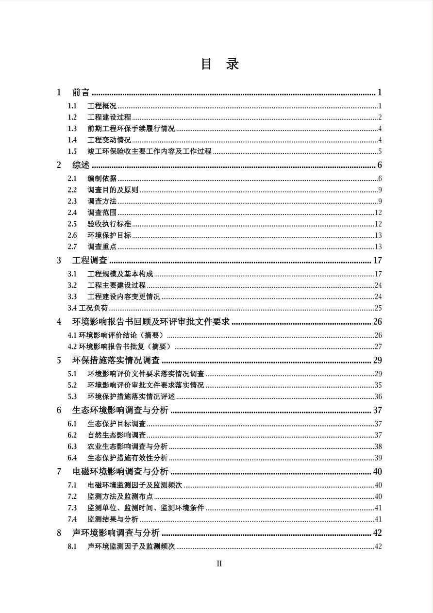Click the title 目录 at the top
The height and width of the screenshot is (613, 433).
tap(220, 64)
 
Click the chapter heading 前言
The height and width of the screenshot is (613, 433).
tap(81, 93)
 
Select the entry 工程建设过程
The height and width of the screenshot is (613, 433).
tap(109, 117)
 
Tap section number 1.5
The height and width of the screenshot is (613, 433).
tap(72, 151)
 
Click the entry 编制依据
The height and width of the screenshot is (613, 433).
tap(102, 179)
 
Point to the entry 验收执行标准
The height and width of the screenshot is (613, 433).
tap(109, 224)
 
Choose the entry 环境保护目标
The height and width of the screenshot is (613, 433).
tap(109, 235)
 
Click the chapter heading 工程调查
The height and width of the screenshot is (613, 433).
tap(90, 261)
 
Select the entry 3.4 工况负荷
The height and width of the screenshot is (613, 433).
tap(88, 308)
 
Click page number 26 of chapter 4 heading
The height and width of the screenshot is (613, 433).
tap(378, 322)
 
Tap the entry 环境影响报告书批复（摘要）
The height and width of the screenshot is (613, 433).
tap(125, 347)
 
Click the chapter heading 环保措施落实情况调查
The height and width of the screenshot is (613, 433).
tap(116, 361)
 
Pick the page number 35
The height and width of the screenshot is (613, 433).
tap(378, 385)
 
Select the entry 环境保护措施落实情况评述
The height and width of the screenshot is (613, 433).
tap(131, 397)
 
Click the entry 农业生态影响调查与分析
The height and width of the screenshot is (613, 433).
tap(127, 447)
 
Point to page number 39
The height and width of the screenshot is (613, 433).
tap(378, 458)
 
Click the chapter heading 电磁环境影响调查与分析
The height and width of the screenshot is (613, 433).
tap(120, 472)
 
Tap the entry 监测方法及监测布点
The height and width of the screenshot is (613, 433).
tap(120, 497)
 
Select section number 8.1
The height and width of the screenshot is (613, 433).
tap(72, 547)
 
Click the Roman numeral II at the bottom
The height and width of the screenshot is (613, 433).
tap(219, 563)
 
